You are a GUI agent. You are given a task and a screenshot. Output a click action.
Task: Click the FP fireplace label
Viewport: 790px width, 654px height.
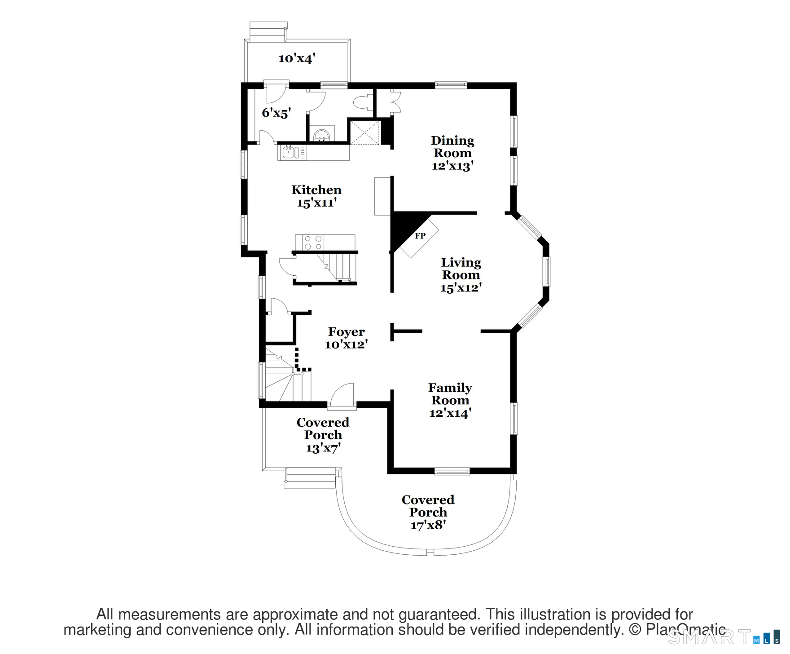pyautogui.click(x=420, y=236)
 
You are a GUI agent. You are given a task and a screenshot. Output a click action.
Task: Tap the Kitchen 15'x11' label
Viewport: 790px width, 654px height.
pyautogui.click(x=316, y=196)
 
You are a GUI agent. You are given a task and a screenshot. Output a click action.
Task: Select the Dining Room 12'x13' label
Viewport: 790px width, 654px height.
pyautogui.click(x=452, y=153)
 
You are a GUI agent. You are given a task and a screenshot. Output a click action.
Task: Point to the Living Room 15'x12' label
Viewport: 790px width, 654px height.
pyautogui.click(x=461, y=275)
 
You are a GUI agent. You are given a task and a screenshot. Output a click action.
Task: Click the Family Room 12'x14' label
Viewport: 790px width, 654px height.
pyautogui.click(x=450, y=400)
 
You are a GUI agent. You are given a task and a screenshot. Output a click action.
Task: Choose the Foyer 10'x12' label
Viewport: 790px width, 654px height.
pyautogui.click(x=346, y=338)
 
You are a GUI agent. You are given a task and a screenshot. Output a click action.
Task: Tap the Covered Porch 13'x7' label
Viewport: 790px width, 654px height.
pyautogui.click(x=323, y=435)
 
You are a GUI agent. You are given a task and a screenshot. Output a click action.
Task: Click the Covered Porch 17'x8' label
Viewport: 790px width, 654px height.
pyautogui.click(x=428, y=512)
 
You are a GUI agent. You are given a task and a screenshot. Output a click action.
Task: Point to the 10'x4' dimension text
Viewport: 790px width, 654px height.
pyautogui.click(x=297, y=58)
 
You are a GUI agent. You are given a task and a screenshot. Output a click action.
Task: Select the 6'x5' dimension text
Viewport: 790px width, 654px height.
pyautogui.click(x=276, y=112)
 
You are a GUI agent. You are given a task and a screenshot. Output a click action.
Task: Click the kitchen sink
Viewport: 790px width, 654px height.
pyautogui.click(x=289, y=152)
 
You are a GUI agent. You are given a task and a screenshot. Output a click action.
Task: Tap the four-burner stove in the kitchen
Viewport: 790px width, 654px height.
pyautogui.click(x=313, y=243)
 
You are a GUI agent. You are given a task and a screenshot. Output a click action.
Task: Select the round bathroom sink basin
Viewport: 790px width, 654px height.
pyautogui.click(x=322, y=135)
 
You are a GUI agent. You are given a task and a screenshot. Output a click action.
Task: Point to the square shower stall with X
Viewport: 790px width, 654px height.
pyautogui.click(x=364, y=132)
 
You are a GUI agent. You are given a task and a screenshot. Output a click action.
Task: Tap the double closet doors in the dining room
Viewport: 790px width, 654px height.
pyautogui.click(x=394, y=102)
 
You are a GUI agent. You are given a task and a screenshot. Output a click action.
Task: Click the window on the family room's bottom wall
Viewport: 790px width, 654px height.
pyautogui.click(x=452, y=471)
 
